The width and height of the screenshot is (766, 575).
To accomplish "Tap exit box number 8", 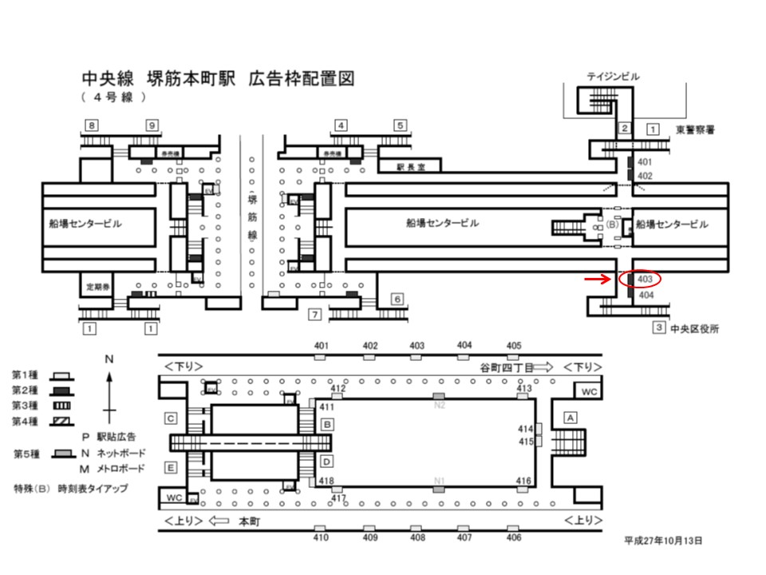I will (93, 125).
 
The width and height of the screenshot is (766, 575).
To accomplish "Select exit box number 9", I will (152, 125).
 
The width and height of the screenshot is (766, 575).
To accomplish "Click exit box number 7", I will (314, 314).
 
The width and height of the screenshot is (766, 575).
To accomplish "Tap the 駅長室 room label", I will (413, 167).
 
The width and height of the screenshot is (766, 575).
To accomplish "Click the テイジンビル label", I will (613, 77).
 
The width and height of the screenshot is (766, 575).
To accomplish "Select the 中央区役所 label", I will (695, 327).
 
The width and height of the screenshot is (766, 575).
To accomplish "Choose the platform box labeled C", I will (171, 418).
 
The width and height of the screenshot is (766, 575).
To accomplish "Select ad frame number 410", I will (320, 537).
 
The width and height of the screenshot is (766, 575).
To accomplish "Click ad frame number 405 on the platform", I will (514, 346).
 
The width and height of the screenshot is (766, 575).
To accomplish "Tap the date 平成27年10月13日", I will (663, 540).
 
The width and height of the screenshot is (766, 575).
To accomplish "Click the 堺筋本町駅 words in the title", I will (190, 79).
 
